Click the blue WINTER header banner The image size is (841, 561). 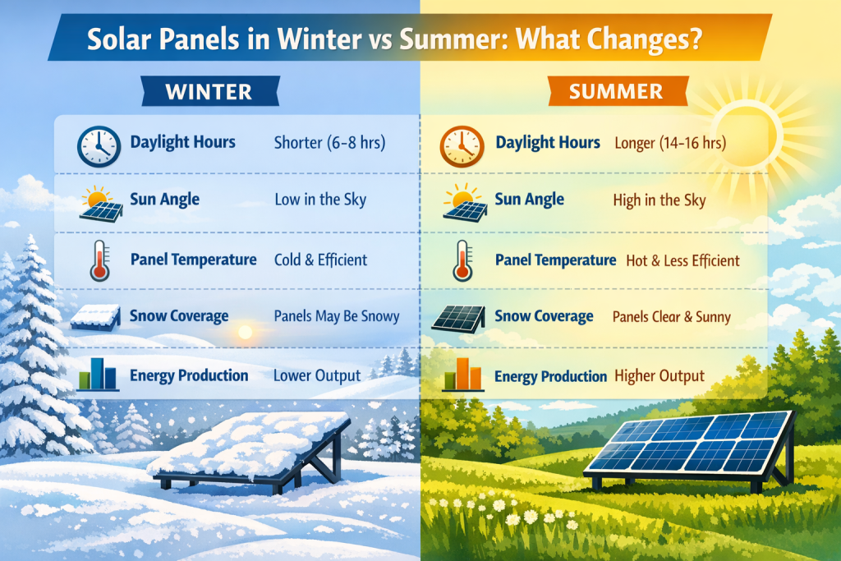pyautogui.click(x=208, y=90)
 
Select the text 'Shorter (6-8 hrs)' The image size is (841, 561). pyautogui.click(x=329, y=143)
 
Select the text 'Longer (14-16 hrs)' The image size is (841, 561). pyautogui.click(x=669, y=143)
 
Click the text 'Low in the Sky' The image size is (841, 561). pyautogui.click(x=320, y=200)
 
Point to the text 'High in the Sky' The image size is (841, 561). pyautogui.click(x=659, y=200)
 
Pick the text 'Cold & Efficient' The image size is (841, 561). pyautogui.click(x=320, y=260)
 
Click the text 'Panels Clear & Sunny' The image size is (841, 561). pyautogui.click(x=671, y=317)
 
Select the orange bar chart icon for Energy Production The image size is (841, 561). pyautogui.click(x=461, y=375)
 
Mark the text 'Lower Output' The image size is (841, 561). pyautogui.click(x=316, y=375)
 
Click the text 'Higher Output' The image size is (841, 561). pyautogui.click(x=659, y=375)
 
